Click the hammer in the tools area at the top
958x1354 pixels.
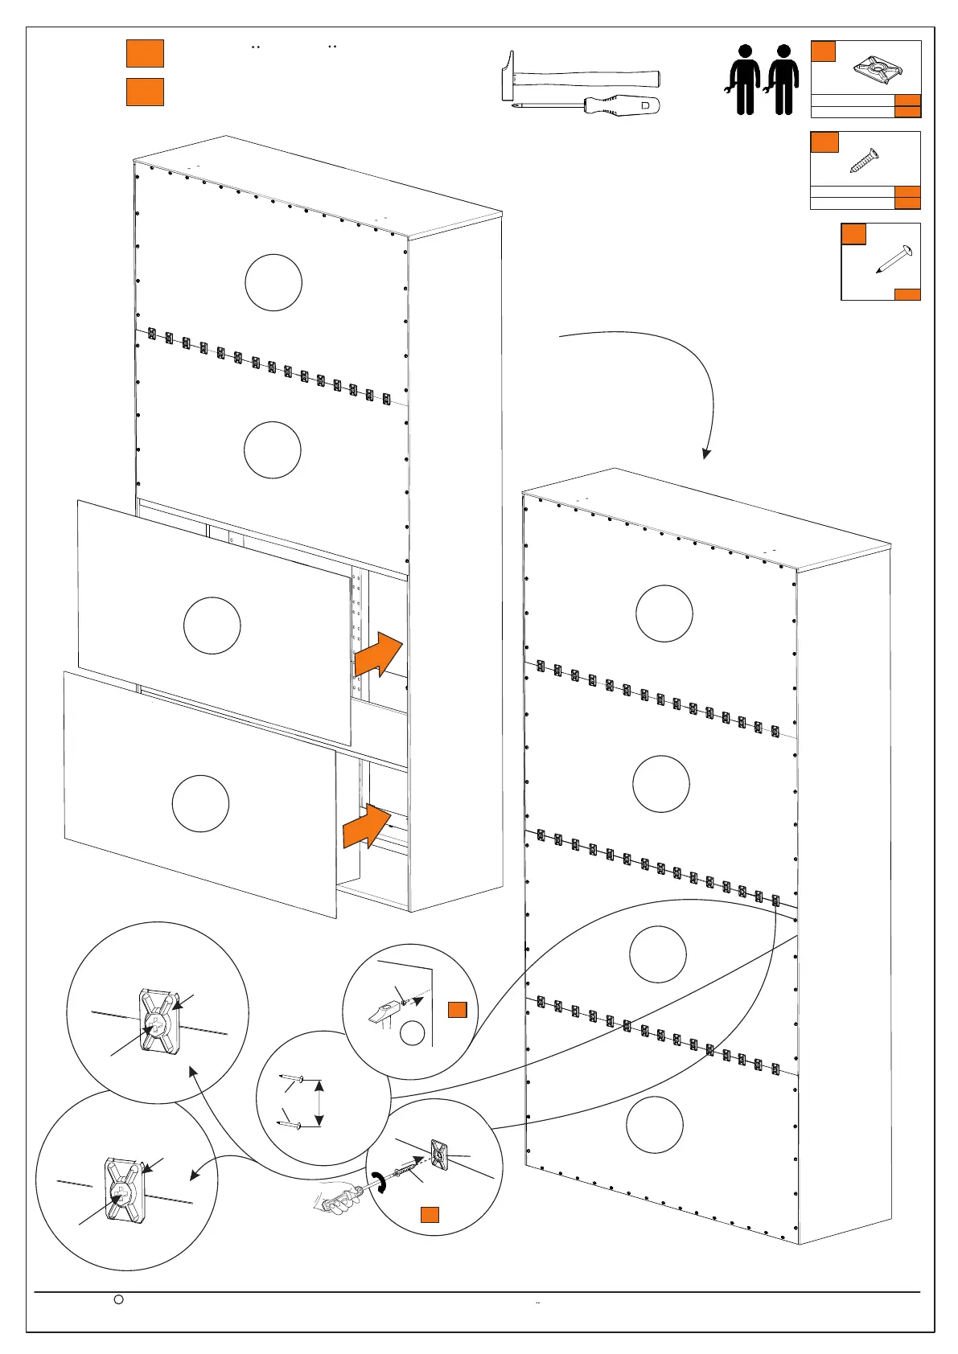[579, 78]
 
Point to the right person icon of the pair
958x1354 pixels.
[783, 79]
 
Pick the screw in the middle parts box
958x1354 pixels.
[865, 160]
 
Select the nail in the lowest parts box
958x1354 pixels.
[894, 260]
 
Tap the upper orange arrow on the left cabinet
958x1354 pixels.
[377, 654]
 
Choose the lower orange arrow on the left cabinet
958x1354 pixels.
[367, 826]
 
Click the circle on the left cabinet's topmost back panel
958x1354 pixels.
[273, 282]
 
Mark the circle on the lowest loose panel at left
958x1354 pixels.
[200, 803]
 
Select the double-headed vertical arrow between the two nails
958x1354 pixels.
[320, 1103]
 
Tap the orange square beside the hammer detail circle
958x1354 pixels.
[457, 1010]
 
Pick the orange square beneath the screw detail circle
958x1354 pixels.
[430, 1214]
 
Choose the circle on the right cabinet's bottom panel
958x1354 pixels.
[655, 1124]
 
